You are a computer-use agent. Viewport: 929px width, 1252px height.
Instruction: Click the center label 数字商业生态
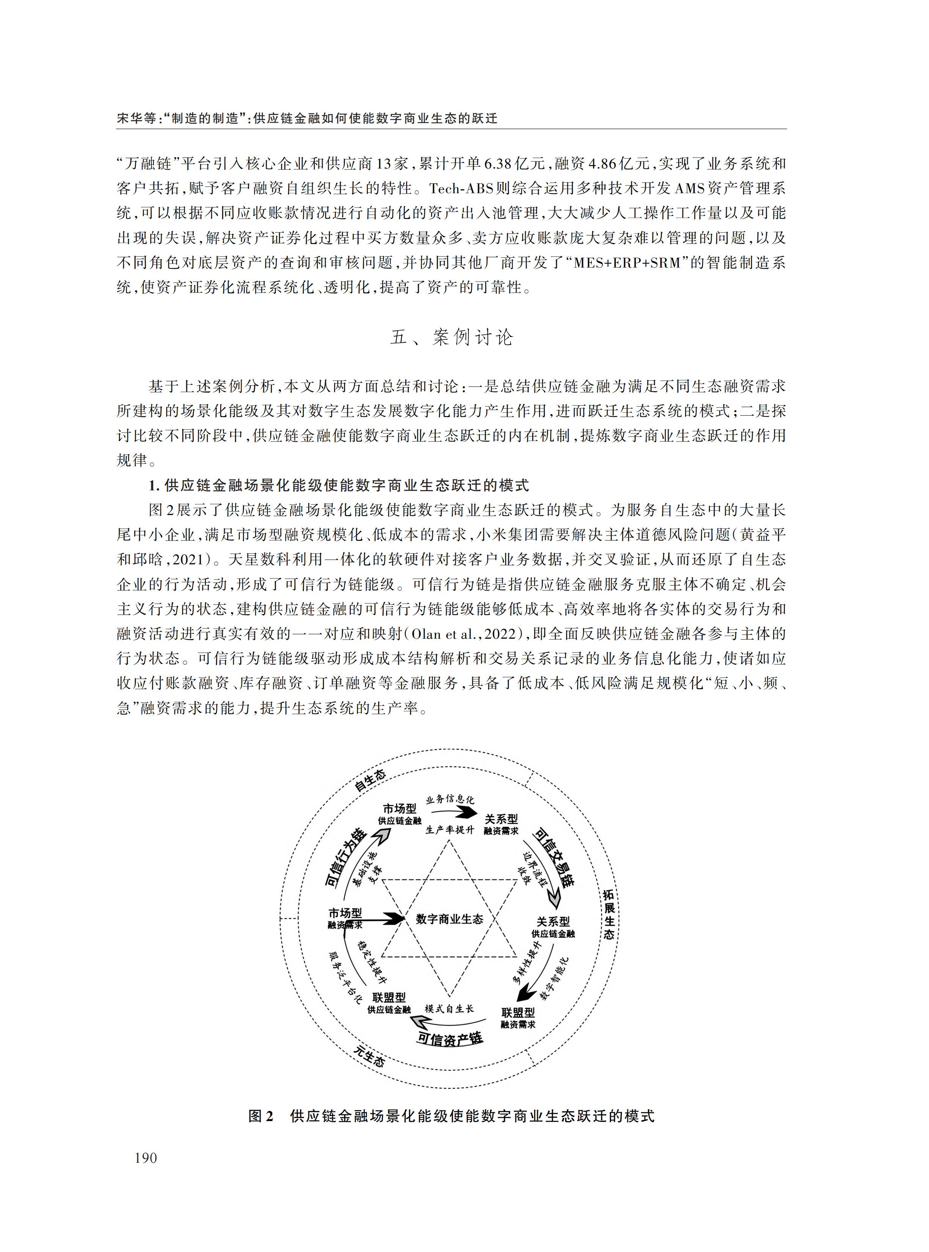pos(449,919)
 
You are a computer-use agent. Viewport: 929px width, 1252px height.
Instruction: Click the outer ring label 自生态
pos(370,780)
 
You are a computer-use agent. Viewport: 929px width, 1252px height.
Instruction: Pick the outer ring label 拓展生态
pos(609,914)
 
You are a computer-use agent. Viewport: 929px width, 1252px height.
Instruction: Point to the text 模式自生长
pos(449,1008)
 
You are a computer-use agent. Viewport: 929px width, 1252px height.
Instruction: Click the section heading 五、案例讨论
pos(451,337)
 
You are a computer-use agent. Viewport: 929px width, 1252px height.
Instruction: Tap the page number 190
pos(146,1158)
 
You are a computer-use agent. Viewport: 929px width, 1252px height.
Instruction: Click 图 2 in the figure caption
pos(261,1116)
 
